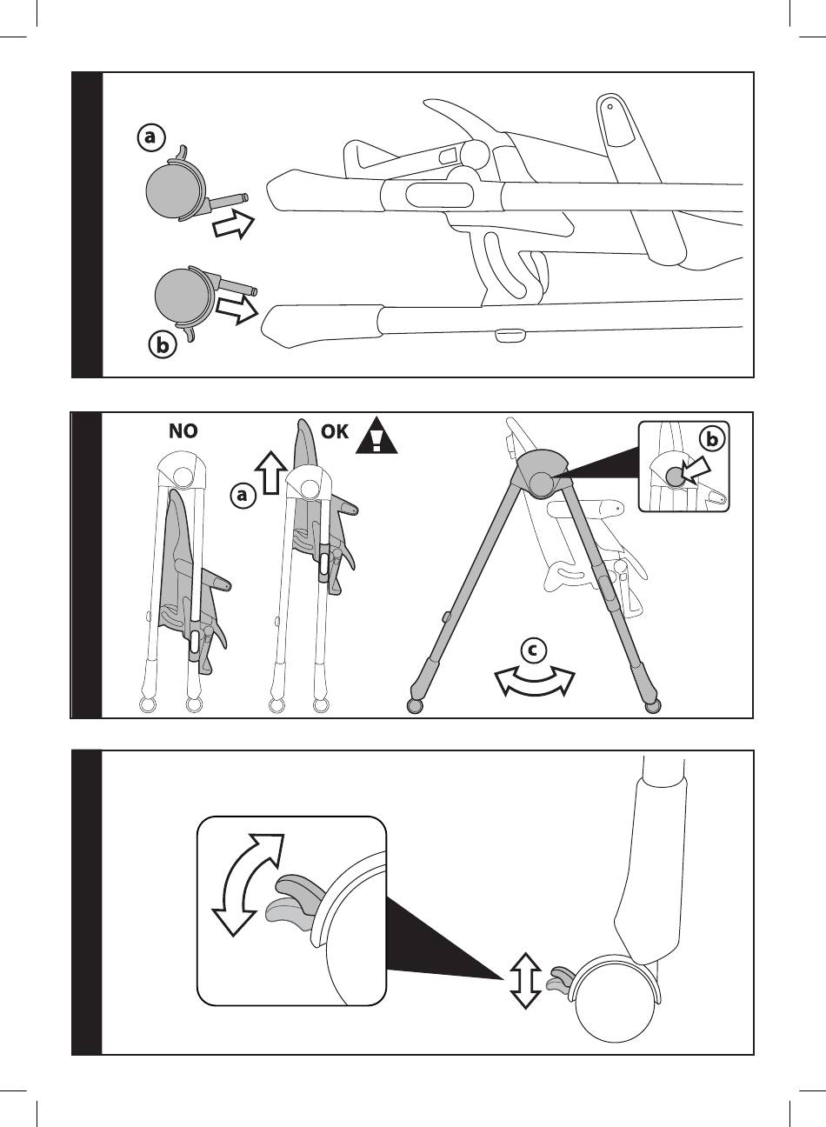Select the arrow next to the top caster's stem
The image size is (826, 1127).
233,223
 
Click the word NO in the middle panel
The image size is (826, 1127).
183,431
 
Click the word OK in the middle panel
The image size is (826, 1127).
335,431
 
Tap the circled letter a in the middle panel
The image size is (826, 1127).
244,496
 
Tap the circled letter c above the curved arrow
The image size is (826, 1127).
536,650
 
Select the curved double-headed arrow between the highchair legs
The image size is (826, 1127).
535,681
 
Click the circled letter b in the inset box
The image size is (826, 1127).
712,440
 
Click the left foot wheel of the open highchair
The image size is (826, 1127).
416,705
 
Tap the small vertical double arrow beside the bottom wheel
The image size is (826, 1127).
523,978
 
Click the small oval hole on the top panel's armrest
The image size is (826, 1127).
610,108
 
